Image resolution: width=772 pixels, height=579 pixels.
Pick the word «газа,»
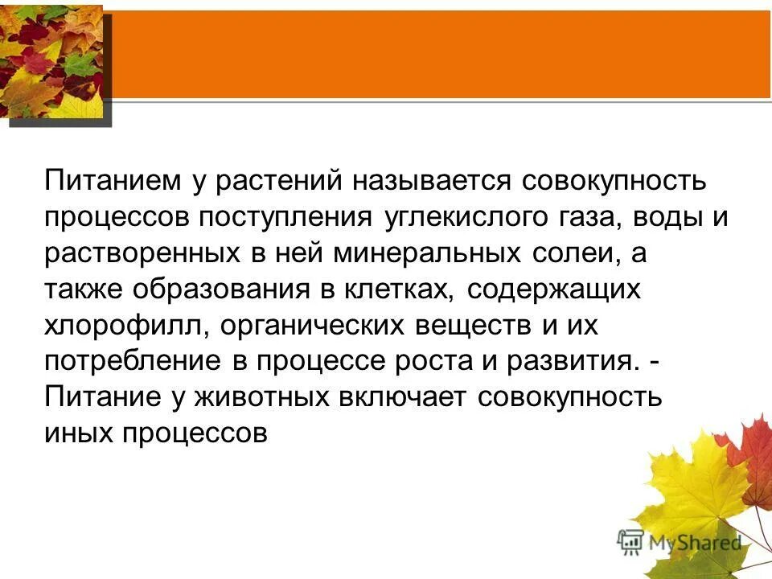(603, 217)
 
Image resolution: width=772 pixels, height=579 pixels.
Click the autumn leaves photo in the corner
(51, 60)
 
